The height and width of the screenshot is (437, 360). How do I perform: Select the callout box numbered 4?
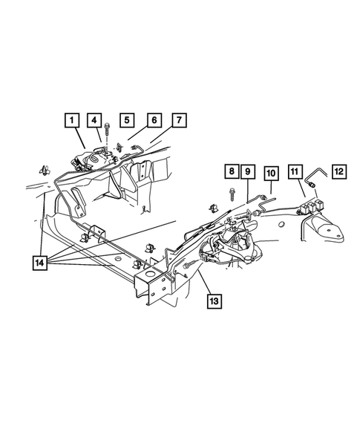tap(94, 120)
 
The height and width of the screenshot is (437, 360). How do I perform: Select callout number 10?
tap(272, 174)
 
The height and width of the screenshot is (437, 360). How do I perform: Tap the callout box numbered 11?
tap(295, 174)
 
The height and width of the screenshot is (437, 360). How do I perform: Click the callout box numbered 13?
tap(215, 300)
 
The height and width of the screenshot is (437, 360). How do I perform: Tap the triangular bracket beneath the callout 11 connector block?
tap(327, 229)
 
